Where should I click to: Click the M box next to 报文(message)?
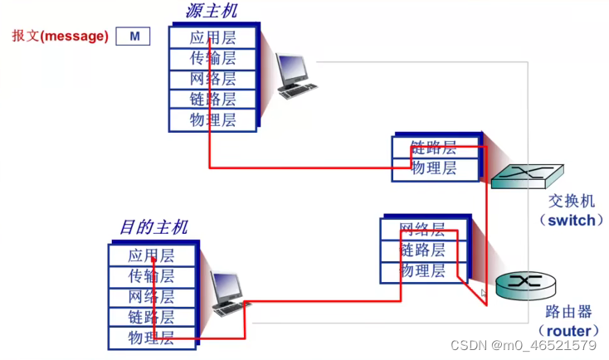(133, 36)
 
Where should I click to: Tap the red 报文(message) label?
(61, 36)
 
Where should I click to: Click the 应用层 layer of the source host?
(212, 37)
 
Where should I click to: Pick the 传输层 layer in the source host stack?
(212, 58)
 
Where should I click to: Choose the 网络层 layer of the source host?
(212, 79)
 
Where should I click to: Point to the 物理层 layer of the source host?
(212, 120)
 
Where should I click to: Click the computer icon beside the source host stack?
(295, 75)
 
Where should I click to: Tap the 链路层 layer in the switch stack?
(435, 148)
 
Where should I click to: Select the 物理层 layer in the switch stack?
(435, 168)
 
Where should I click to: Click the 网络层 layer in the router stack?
(423, 230)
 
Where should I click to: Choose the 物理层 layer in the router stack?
(423, 271)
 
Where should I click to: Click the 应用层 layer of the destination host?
(152, 255)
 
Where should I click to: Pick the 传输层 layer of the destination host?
(152, 276)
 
